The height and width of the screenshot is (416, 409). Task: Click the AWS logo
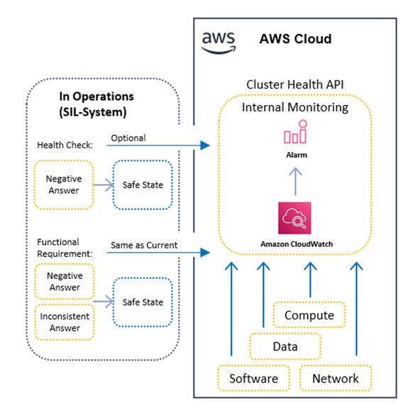pos(219,43)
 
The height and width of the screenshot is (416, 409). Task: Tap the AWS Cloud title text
pos(295,39)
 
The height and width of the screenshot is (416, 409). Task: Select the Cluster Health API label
pos(295,84)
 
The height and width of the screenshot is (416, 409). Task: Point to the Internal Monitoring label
pos(295,107)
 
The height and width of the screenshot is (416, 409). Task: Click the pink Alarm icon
pos(295,131)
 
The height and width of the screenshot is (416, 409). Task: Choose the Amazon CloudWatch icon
pos(295,218)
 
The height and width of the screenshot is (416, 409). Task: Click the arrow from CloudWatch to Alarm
pos(295,182)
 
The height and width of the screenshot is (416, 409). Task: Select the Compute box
pos(309,315)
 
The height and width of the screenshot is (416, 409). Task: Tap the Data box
pos(285,346)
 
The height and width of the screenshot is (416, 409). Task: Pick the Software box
pos(253,378)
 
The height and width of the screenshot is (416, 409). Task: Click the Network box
pos(335,378)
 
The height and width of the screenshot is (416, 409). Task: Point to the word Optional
pos(129,138)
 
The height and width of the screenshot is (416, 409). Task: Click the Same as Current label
pos(144,245)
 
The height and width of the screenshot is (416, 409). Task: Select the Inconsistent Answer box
pos(65,322)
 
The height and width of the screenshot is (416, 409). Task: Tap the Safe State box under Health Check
pos(143,185)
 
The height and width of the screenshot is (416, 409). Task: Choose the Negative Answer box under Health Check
pos(64,185)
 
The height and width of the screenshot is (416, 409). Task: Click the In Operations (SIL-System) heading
pos(97,104)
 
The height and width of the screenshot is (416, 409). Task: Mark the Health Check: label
pos(65,145)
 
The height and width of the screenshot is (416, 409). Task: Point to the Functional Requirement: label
pos(65,248)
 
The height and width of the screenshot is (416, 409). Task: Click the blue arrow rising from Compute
pos(310,280)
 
